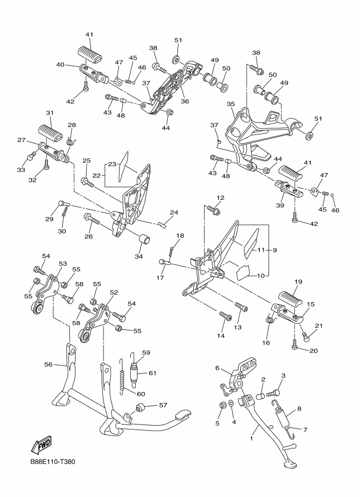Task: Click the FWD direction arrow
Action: [x=41, y=444]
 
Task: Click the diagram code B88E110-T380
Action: [x=53, y=462]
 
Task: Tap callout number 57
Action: [x=163, y=405]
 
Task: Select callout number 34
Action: [x=138, y=256]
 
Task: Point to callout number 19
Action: [x=298, y=281]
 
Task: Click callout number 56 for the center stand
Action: [x=48, y=365]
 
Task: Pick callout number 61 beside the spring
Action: [x=152, y=373]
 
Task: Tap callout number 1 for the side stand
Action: [x=252, y=439]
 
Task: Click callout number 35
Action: [x=231, y=103]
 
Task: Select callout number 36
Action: [x=185, y=101]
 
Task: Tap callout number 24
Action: [x=174, y=212]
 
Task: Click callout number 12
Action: [x=221, y=198]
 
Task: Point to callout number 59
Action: [x=146, y=352]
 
